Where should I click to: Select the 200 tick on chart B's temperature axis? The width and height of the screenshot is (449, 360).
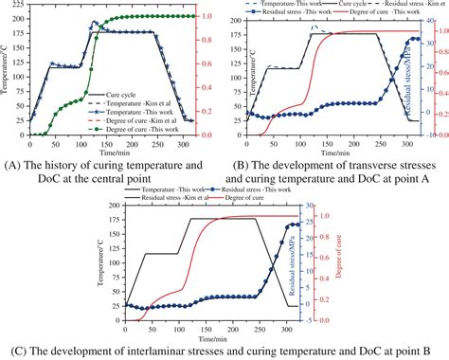tap(238, 18)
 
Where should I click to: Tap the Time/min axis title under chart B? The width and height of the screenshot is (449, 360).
tap(331, 152)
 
